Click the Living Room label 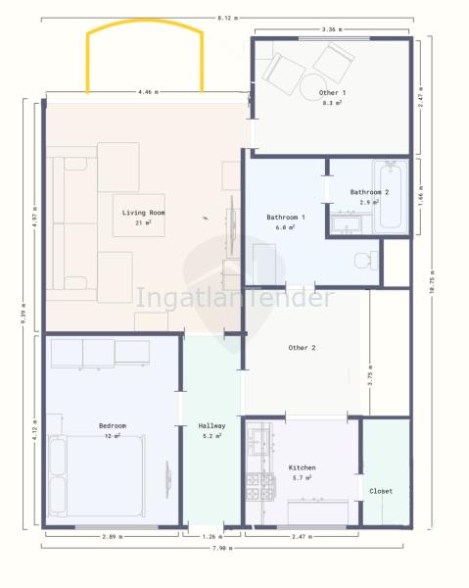[144, 213]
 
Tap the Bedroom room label [113, 425]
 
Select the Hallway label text [211, 426]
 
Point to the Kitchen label [302, 467]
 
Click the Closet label [381, 491]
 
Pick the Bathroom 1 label [286, 218]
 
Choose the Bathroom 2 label [369, 192]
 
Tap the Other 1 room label [332, 93]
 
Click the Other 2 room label [302, 348]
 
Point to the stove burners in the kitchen [261, 487]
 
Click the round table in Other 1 [313, 87]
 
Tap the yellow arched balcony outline [145, 22]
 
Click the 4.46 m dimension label [148, 92]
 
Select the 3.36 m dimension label [332, 29]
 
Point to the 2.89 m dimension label [113, 537]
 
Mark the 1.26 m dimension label [212, 537]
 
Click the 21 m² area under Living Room [143, 222]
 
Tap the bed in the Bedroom [97, 476]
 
